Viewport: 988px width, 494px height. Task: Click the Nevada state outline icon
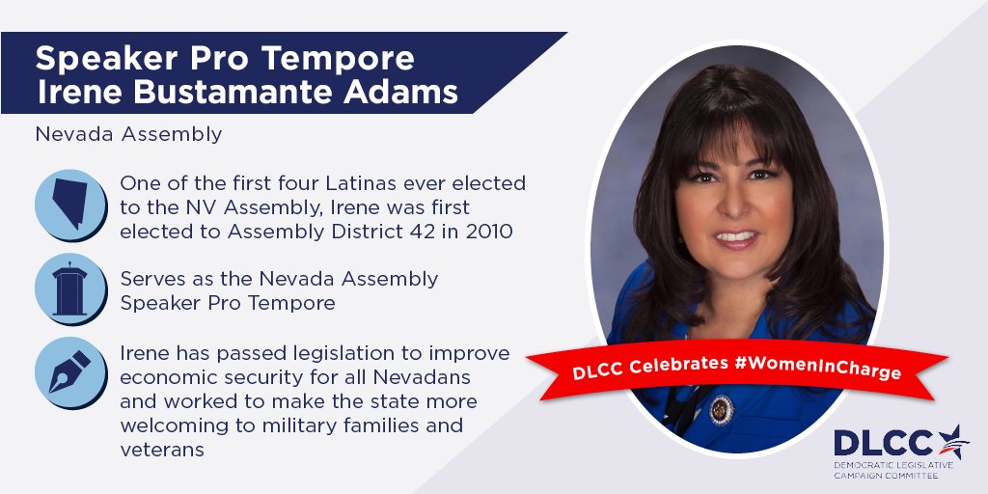[x=70, y=204]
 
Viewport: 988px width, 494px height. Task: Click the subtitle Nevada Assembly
[x=128, y=134]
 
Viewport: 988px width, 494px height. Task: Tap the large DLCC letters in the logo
[x=883, y=443]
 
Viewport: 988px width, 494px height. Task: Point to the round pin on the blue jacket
[x=722, y=409]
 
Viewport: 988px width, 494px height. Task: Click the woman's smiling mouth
[x=737, y=236]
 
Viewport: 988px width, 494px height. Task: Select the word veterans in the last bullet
[x=162, y=450]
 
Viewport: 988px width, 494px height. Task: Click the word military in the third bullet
[x=319, y=425]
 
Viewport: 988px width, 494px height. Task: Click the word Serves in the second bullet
[x=150, y=279]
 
